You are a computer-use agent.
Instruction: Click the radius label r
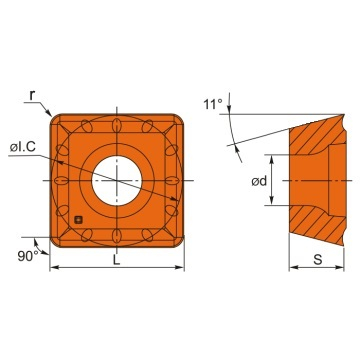click(32, 95)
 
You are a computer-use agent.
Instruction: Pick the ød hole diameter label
click(256, 181)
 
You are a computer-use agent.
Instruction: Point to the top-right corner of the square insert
click(182, 117)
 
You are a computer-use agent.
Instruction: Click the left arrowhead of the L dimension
click(55, 268)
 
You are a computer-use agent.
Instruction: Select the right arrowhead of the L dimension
click(182, 268)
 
